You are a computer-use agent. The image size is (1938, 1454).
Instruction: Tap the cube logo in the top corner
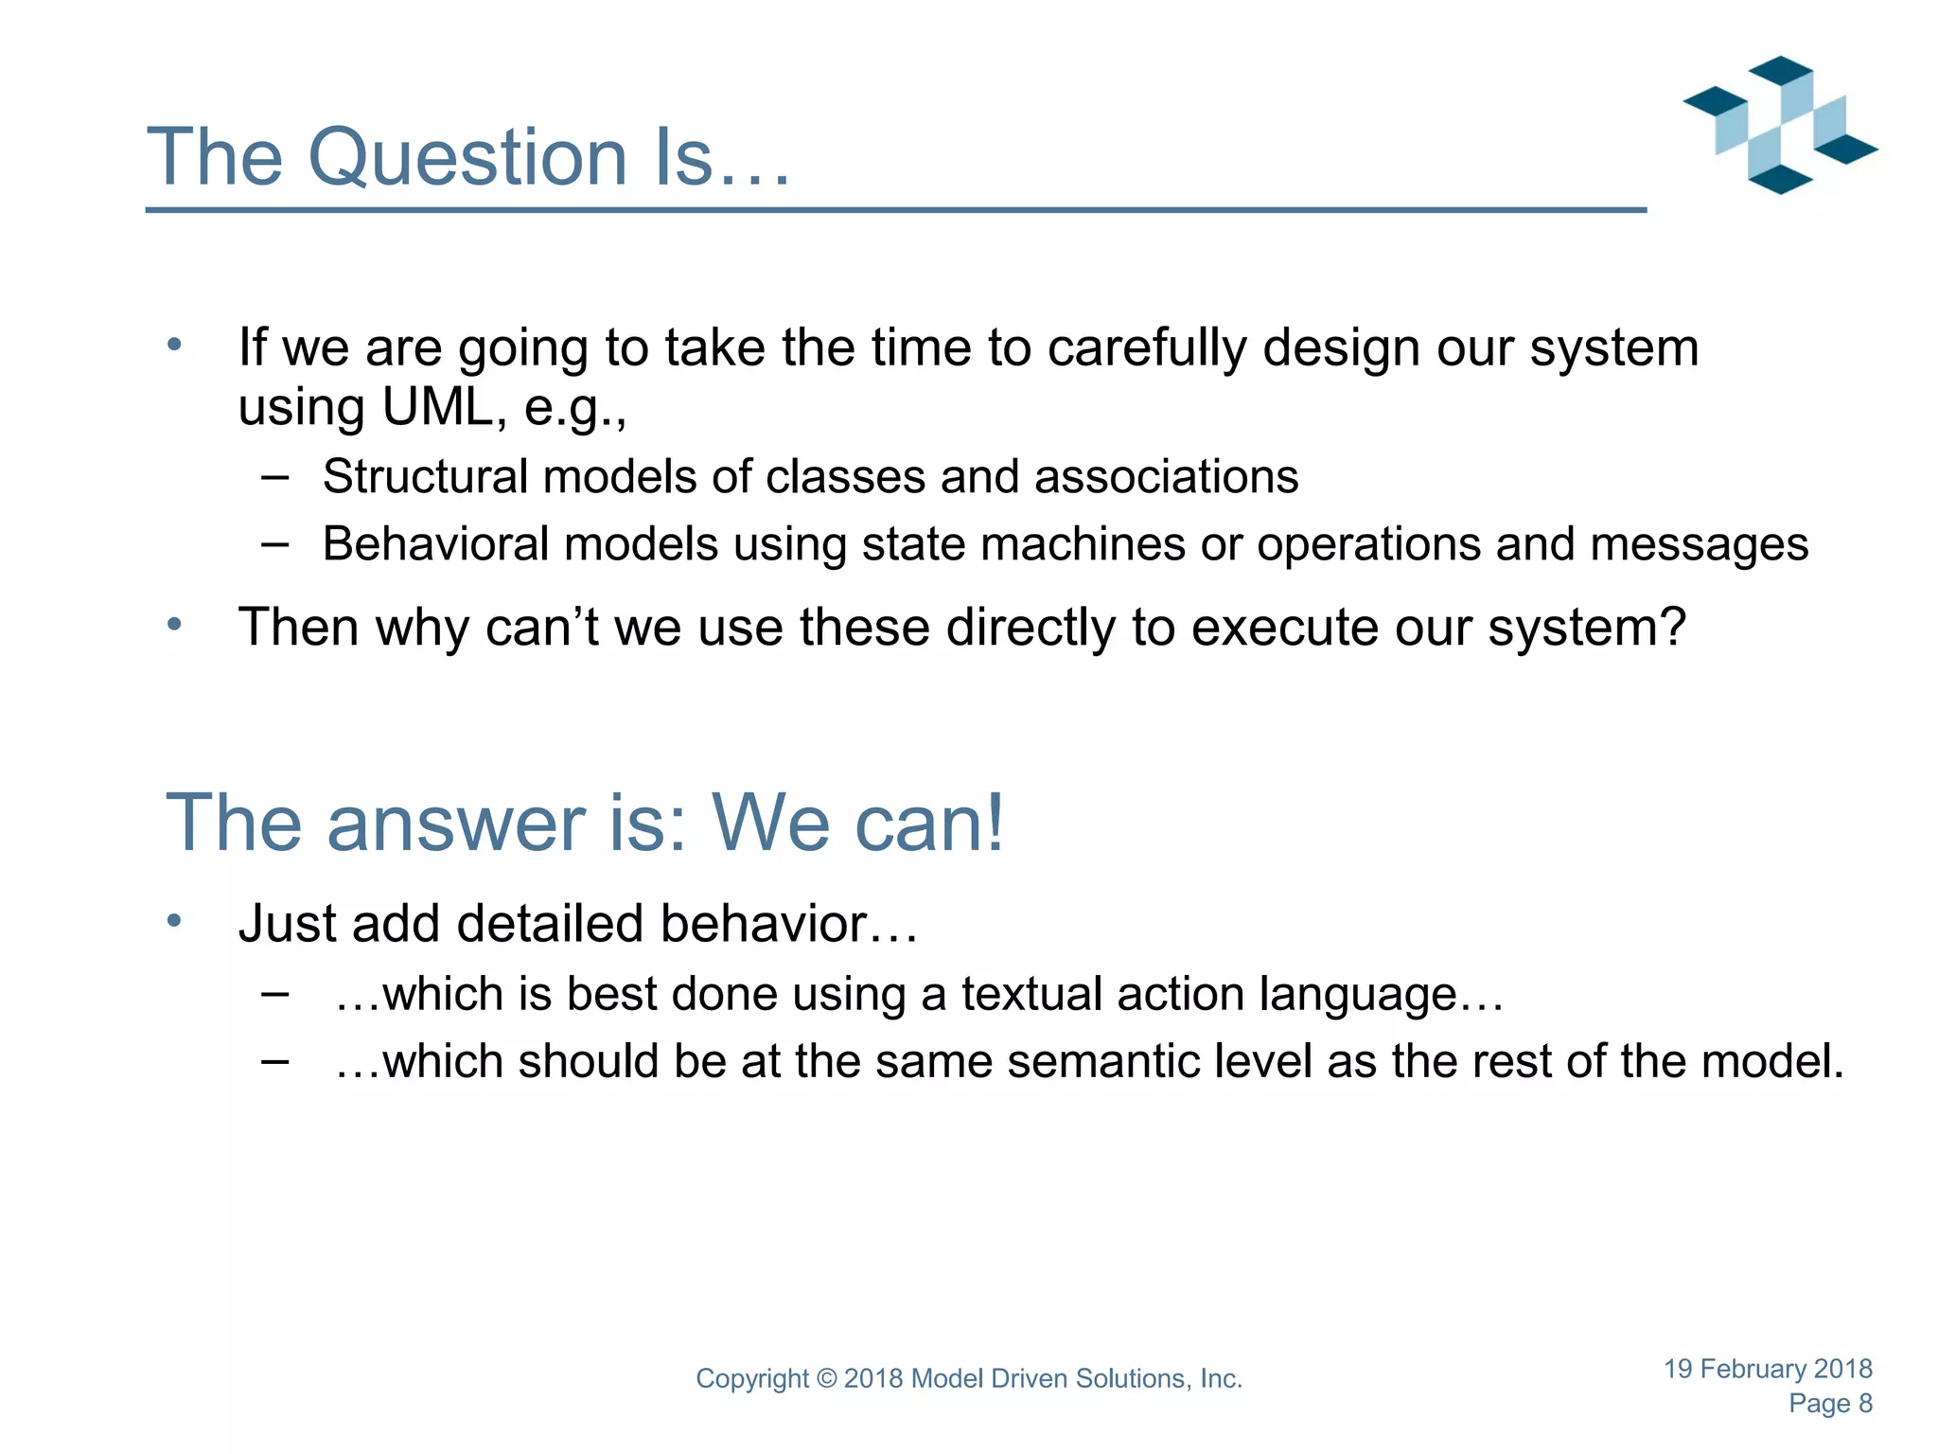(1780, 125)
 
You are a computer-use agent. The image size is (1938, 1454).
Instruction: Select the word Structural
(425, 476)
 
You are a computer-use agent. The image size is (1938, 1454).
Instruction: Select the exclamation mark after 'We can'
(993, 823)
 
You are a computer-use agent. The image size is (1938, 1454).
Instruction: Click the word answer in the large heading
(457, 824)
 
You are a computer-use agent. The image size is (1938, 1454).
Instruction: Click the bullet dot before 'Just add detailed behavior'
(174, 921)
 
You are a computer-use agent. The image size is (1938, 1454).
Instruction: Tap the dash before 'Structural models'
(274, 477)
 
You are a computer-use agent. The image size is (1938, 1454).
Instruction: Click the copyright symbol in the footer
(826, 1379)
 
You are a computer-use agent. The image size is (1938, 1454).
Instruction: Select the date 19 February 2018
(1768, 1369)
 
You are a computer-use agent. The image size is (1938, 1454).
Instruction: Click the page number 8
(1865, 1404)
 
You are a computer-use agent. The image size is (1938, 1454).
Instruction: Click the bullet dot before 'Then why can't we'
(174, 625)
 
